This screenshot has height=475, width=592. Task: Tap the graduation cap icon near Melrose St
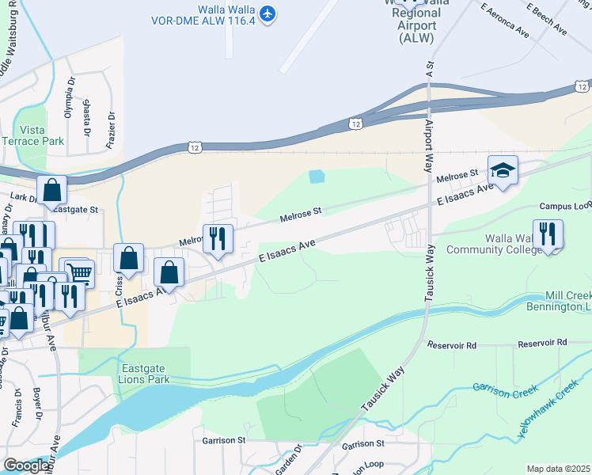tap(502, 169)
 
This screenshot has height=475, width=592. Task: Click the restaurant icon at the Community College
tap(547, 234)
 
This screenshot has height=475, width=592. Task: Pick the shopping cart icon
tap(78, 272)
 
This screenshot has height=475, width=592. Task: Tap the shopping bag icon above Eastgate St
tap(51, 190)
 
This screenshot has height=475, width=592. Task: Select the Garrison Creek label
tap(505, 388)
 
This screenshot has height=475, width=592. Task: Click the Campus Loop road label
tap(566, 206)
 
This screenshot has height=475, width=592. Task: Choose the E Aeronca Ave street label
tap(503, 21)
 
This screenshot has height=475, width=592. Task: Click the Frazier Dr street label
tap(111, 130)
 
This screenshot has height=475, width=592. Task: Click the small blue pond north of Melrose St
tap(317, 177)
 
